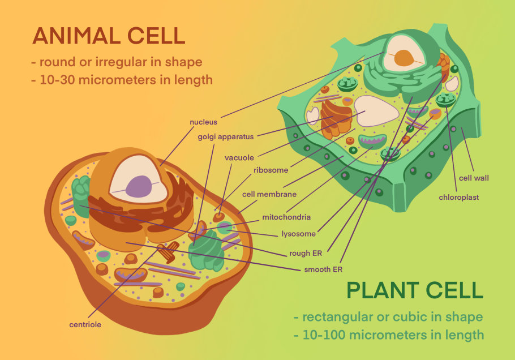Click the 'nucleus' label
203,122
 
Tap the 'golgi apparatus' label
225,136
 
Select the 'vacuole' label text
239,158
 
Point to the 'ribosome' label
271,170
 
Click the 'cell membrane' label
269,194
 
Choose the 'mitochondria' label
286,217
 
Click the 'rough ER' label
306,253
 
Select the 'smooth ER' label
323,269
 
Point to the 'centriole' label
85,324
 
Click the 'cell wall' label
474,178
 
